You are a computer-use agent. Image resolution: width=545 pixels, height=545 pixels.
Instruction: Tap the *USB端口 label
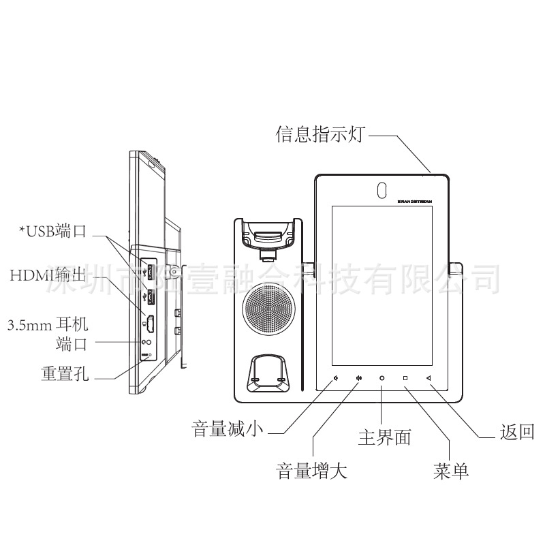[52, 231]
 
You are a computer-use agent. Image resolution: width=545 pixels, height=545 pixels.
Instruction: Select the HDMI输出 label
[48, 276]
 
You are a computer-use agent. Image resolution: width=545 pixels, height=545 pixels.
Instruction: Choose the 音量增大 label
[311, 471]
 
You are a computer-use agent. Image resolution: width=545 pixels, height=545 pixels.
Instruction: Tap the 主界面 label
[384, 437]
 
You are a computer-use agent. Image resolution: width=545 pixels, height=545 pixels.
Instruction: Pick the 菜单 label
[451, 471]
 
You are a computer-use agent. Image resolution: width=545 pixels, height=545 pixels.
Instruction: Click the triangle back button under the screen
[429, 377]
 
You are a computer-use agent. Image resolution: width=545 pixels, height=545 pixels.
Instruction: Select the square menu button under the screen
[405, 377]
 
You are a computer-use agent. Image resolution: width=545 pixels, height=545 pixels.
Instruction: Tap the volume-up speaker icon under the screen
[358, 377]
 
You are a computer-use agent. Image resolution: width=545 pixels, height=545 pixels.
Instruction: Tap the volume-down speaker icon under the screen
[336, 377]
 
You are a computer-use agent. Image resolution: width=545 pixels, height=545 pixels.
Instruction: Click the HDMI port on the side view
[150, 324]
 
